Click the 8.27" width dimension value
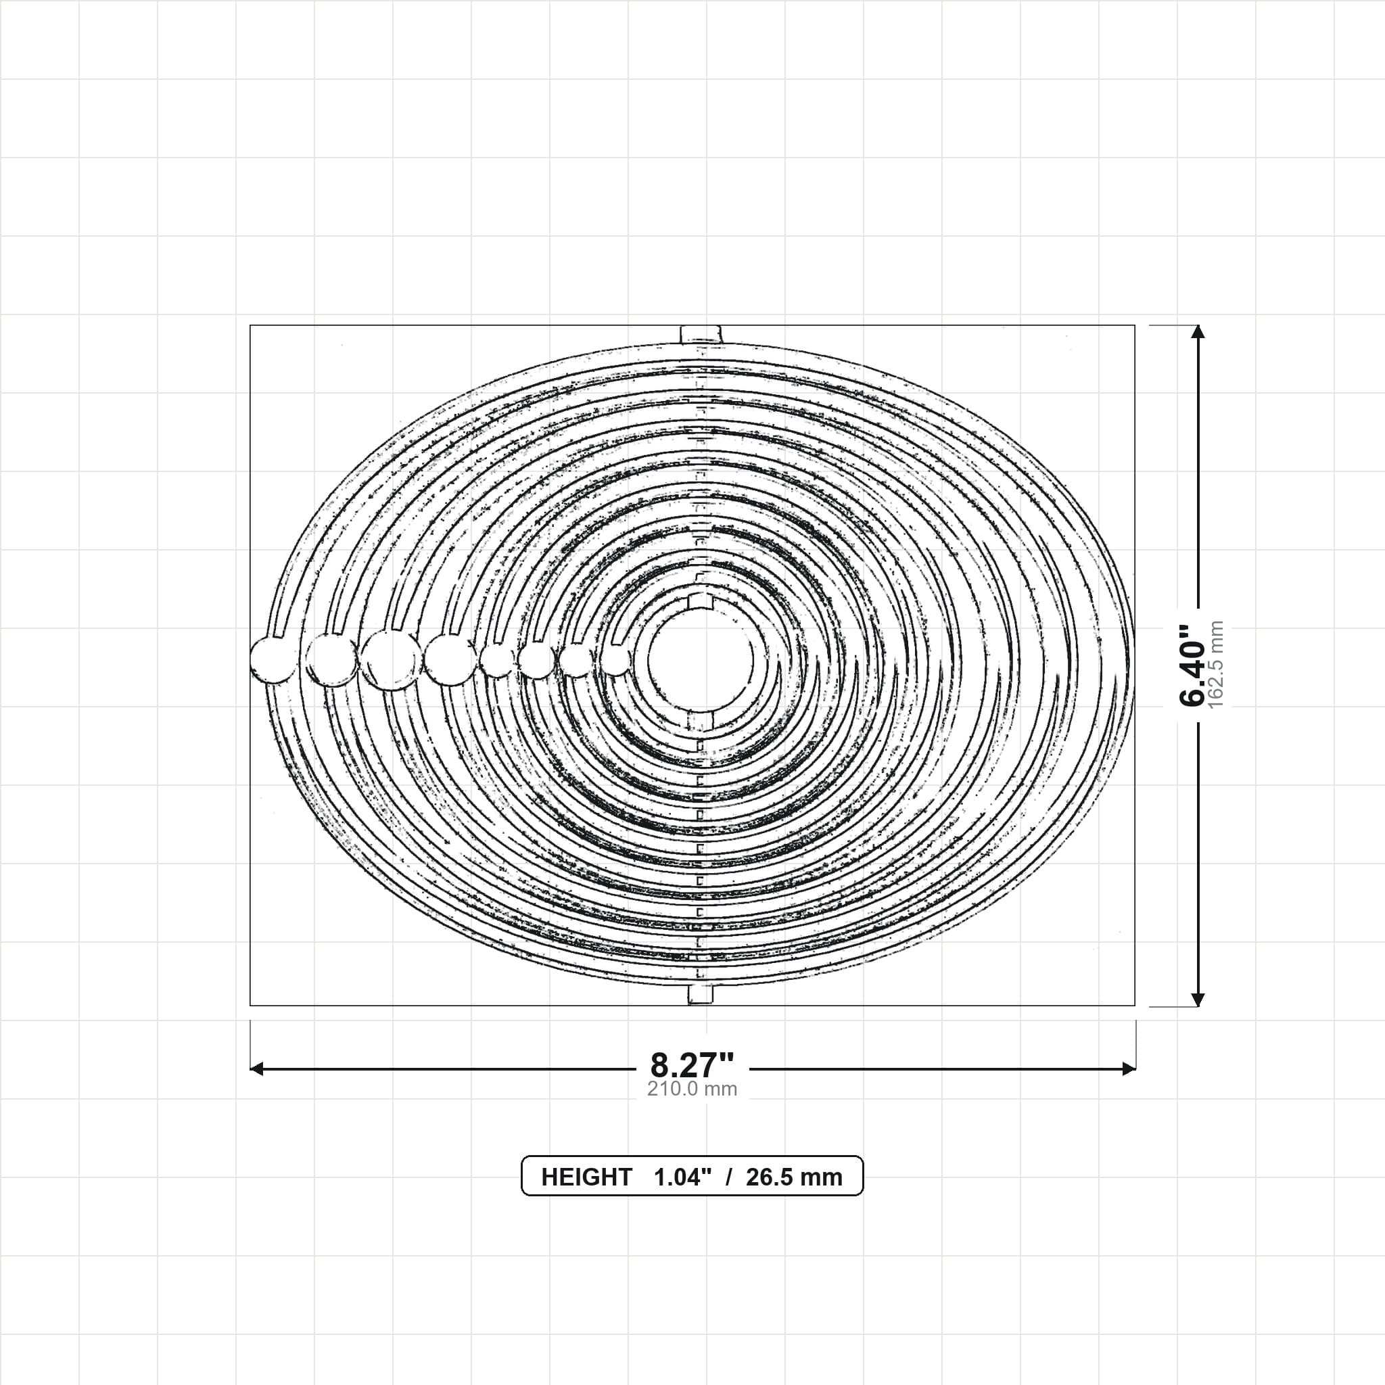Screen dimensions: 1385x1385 click(692, 1064)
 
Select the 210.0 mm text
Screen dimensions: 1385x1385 click(692, 1089)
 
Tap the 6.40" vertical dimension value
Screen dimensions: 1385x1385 click(1193, 664)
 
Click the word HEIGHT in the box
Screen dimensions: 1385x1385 click(586, 1177)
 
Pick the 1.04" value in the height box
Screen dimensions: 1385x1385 click(682, 1177)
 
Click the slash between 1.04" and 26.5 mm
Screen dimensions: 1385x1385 click(729, 1177)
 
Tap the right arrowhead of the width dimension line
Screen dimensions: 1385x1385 click(1129, 1069)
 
